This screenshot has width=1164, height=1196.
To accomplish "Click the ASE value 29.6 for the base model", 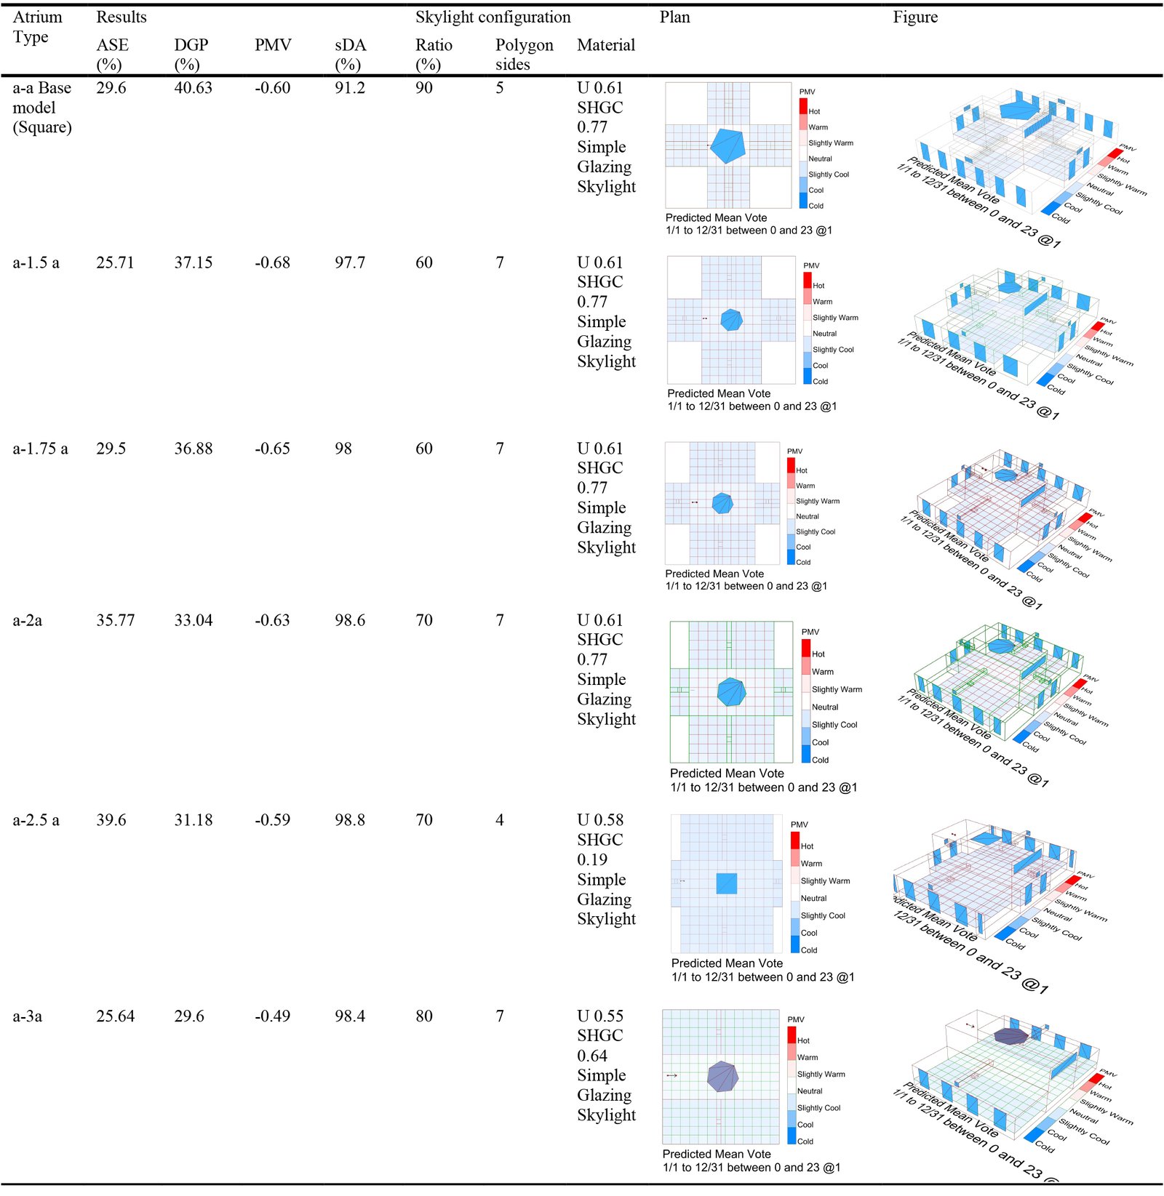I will click(x=111, y=88).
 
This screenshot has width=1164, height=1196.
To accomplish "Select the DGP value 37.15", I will click(x=193, y=262).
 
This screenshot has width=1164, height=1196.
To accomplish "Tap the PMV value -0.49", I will click(x=272, y=1016).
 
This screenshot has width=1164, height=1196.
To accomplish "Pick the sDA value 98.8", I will click(x=349, y=819).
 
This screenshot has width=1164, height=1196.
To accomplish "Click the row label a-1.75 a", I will click(x=40, y=449).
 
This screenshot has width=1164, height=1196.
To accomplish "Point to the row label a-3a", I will click(x=28, y=1016).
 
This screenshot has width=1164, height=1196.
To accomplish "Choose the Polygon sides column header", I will click(x=524, y=55).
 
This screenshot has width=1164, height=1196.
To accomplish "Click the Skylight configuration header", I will click(x=493, y=17).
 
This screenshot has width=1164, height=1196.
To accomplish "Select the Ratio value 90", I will click(x=423, y=88).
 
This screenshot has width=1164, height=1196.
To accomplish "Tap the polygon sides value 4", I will click(x=500, y=819).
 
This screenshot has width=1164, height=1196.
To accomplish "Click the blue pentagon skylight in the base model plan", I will click(x=727, y=145).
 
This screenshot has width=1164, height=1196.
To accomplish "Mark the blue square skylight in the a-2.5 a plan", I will click(x=726, y=883).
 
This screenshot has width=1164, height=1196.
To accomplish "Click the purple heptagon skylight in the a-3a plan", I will click(x=722, y=1076).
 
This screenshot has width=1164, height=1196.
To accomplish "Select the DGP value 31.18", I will click(x=193, y=819).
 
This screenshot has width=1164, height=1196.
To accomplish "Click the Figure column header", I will click(x=915, y=17).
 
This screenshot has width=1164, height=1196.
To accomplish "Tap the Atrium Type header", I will click(x=37, y=27).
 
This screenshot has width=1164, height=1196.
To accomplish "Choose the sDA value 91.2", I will click(x=349, y=88).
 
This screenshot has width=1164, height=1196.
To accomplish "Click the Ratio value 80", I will click(x=423, y=1016).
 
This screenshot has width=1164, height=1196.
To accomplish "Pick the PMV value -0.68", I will click(x=272, y=262).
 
